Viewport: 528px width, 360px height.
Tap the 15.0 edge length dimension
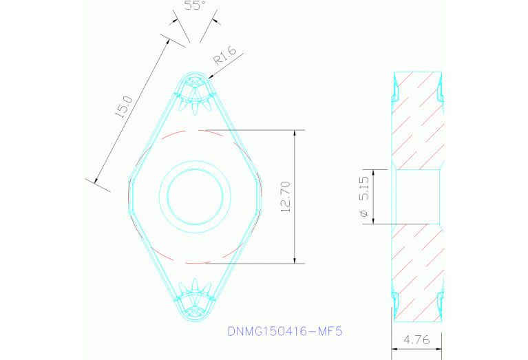point(123,107)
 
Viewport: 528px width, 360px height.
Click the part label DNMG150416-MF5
point(284,331)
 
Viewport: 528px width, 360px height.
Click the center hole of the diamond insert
point(194,195)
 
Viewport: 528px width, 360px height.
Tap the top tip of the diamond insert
point(195,72)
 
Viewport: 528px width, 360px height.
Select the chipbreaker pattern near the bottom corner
point(195,296)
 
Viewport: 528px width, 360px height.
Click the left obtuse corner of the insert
point(129,196)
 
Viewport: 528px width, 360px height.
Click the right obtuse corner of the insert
point(260,196)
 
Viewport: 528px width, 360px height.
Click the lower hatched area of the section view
point(416,275)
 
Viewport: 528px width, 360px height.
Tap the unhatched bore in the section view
point(416,197)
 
